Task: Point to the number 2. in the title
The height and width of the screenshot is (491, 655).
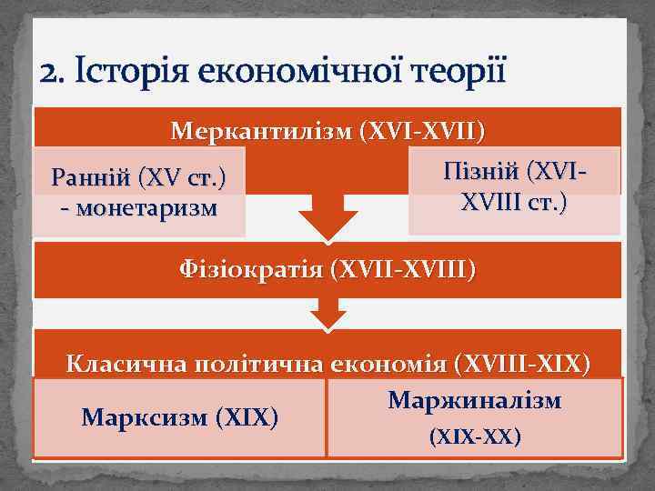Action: (x=54, y=72)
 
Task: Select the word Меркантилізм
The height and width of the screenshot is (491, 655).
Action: (x=261, y=133)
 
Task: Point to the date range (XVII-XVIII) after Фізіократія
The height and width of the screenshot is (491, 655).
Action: (x=403, y=269)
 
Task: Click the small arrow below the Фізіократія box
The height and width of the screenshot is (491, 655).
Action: (x=327, y=316)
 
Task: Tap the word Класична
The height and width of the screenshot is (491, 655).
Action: (x=122, y=364)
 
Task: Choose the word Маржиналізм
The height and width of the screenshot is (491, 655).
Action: (x=474, y=400)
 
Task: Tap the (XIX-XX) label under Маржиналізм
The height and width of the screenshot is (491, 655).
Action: (x=474, y=437)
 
